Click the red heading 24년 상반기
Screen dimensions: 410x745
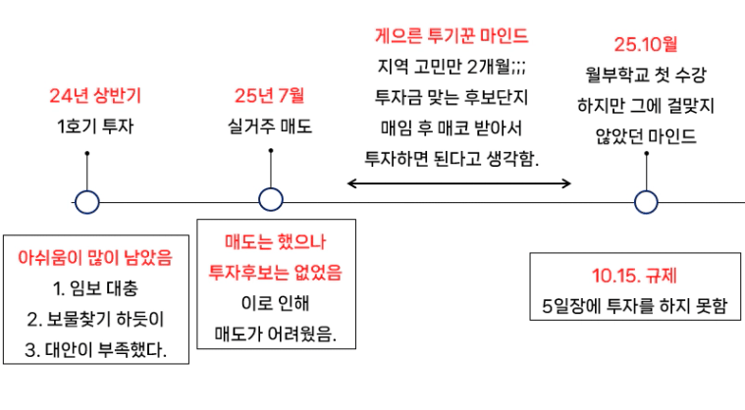pos(95,96)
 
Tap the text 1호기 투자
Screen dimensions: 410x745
pos(95,127)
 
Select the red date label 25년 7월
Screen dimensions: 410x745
pos(269,96)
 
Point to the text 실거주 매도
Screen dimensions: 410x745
pos(269,127)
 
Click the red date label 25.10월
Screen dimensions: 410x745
pos(646,44)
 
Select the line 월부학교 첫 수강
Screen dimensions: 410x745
pos(646,75)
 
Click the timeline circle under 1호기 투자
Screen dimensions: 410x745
pos(87,202)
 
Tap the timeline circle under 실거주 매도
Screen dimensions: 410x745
pos(271,200)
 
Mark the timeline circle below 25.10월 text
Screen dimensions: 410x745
pos(645,202)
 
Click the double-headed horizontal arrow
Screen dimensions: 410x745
pos(459,182)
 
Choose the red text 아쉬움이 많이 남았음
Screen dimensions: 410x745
pos(95,259)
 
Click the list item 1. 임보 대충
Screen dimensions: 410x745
pos(95,289)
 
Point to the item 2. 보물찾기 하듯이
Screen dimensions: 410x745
pos(95,319)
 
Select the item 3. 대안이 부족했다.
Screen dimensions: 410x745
pos(95,349)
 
